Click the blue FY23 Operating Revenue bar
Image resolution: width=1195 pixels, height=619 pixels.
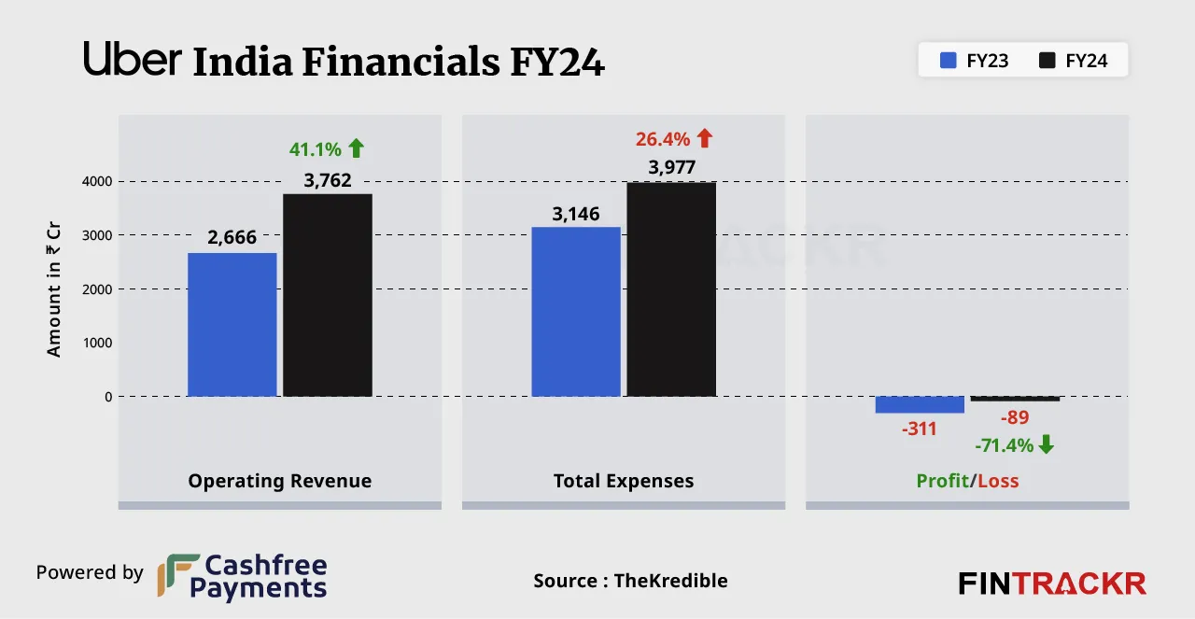232,325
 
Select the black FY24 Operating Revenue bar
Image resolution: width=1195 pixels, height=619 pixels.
327,295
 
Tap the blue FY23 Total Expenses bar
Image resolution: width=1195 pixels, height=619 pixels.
575,312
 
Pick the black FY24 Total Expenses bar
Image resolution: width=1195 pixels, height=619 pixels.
670,289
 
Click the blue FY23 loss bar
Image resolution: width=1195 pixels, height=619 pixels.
919,404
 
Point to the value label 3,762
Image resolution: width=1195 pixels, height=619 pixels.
327,180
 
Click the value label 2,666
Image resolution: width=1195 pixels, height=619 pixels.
232,239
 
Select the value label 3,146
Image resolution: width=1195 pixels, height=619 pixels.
575,214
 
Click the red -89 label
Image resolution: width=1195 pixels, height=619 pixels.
1015,417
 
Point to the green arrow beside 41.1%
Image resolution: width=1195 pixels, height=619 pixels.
356,148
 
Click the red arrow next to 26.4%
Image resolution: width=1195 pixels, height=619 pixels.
704,139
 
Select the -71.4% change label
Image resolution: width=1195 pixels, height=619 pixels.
1005,445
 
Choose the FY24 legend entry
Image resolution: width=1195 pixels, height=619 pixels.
1074,62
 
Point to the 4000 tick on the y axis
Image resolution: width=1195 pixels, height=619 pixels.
94,181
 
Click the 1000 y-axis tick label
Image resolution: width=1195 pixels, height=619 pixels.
94,343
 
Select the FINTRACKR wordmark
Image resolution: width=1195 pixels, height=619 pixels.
1052,584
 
